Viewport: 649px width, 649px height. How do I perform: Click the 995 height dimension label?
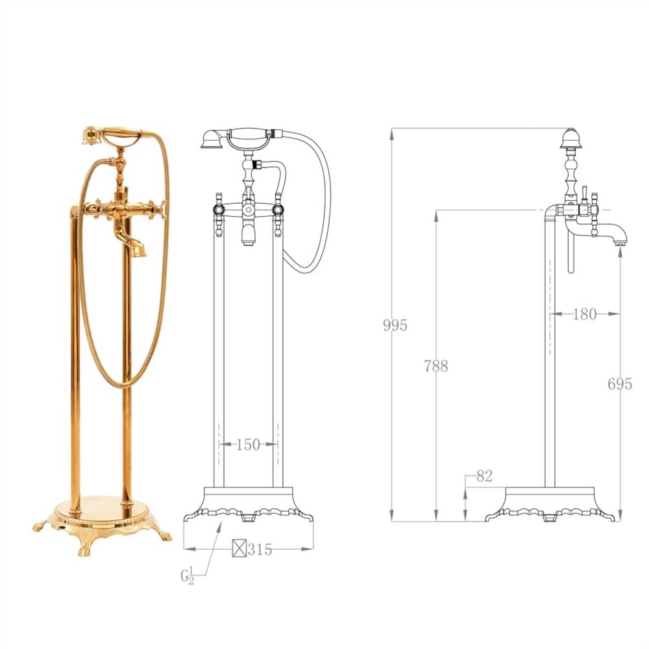click(395, 325)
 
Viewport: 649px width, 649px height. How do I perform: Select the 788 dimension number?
click(436, 366)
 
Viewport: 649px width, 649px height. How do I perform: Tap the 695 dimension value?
click(620, 384)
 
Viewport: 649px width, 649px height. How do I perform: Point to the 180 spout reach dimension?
click(584, 314)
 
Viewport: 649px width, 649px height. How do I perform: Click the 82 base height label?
click(484, 476)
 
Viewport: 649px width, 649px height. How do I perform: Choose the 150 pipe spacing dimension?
click(247, 445)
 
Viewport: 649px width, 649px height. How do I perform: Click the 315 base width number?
click(260, 550)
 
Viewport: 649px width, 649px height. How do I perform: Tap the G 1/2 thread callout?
click(188, 574)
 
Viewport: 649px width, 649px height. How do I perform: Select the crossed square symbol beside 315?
click(239, 549)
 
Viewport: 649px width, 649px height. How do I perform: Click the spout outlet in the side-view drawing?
click(620, 241)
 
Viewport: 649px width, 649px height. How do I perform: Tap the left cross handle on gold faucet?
click(94, 209)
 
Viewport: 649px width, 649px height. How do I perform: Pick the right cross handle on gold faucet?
click(158, 209)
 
